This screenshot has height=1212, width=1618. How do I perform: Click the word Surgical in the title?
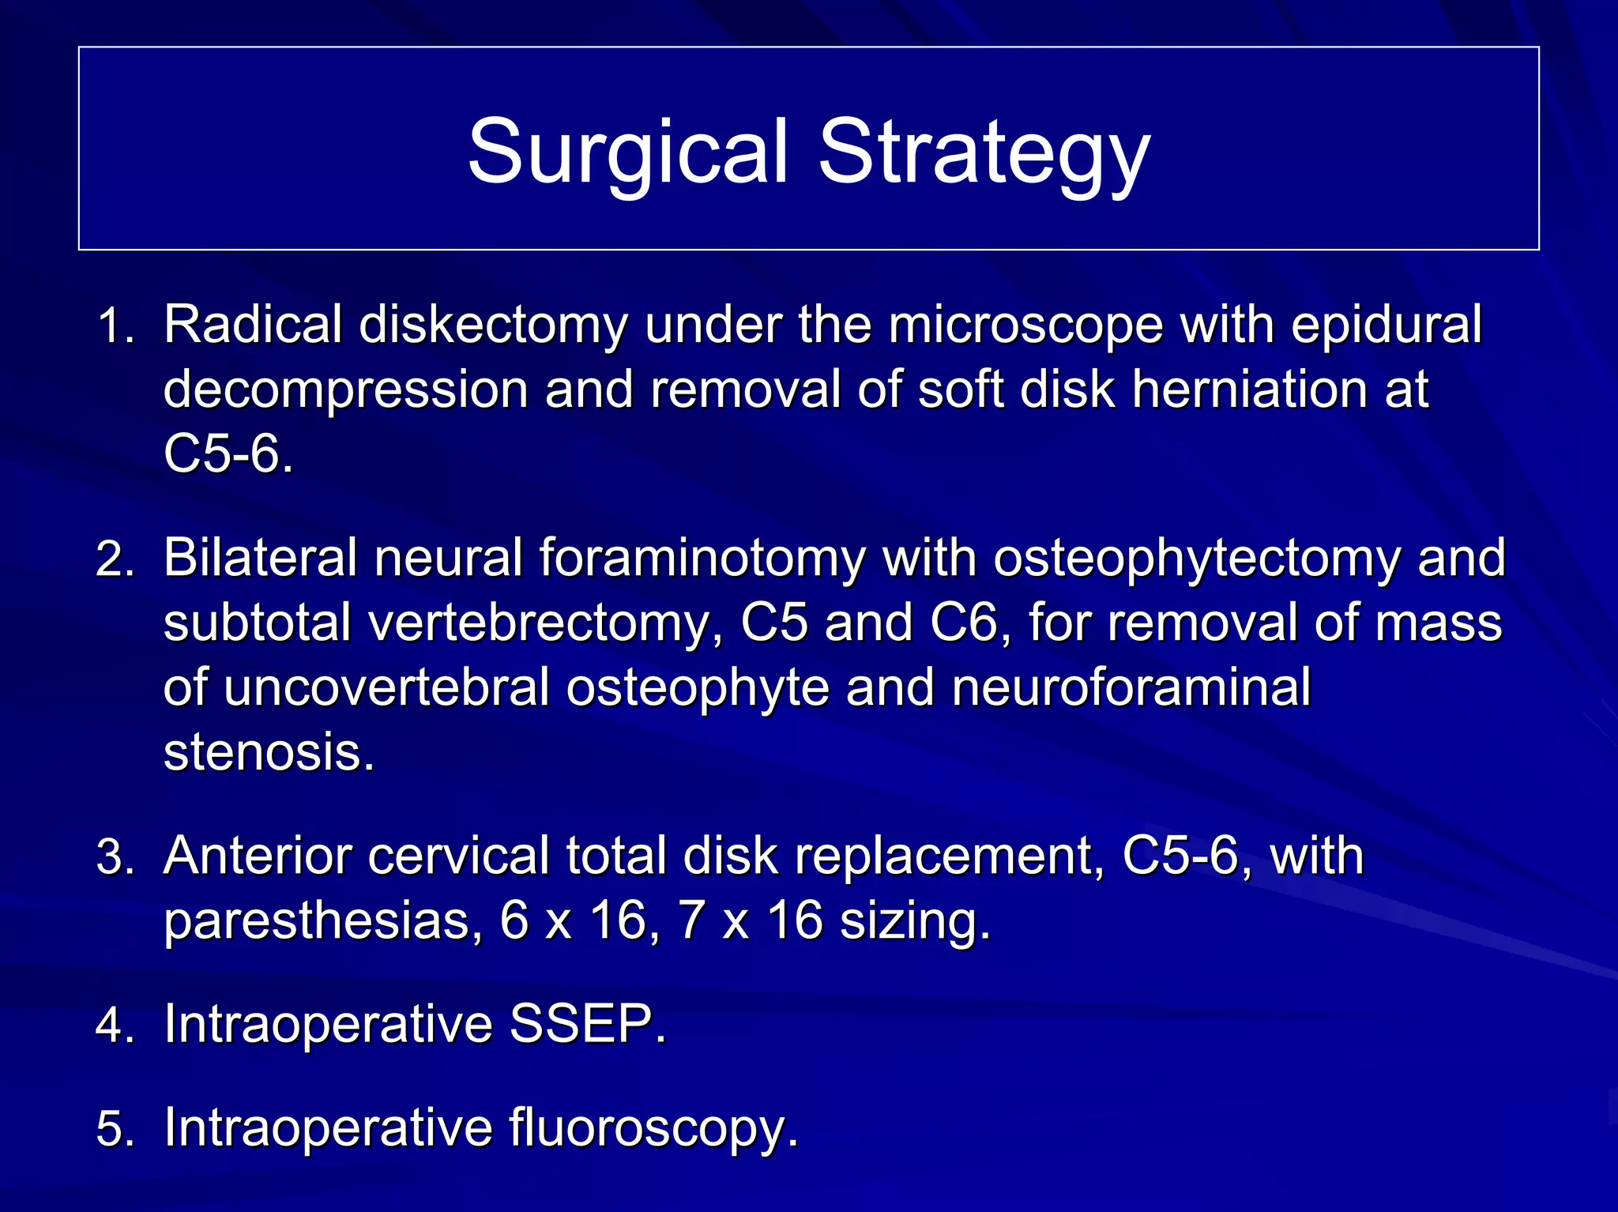pyautogui.click(x=628, y=152)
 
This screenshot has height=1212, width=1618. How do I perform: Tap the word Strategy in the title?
pyautogui.click(x=984, y=152)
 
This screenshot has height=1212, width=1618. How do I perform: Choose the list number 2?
pyautogui.click(x=115, y=559)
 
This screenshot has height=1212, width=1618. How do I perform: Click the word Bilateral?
pyautogui.click(x=261, y=558)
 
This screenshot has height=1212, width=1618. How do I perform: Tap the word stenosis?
pyautogui.click(x=269, y=751)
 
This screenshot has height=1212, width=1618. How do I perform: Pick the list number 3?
pyautogui.click(x=115, y=857)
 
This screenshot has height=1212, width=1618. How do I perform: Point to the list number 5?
pyautogui.click(x=115, y=1128)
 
